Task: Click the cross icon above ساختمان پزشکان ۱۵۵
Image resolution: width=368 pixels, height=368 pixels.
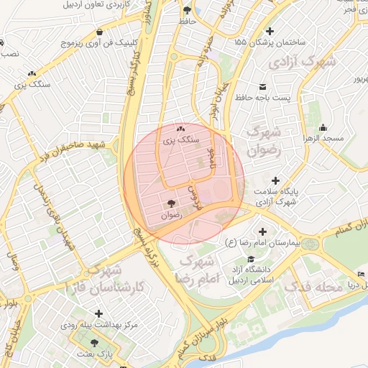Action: pyautogui.click(x=270, y=31)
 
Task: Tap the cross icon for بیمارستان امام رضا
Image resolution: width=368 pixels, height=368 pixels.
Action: pyautogui.click(x=262, y=232)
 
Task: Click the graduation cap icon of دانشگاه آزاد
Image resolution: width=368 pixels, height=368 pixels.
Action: pyautogui.click(x=250, y=259)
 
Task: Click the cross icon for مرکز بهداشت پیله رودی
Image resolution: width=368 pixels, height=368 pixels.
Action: pyautogui.click(x=98, y=314)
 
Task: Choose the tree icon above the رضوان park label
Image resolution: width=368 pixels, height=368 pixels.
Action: pyautogui.click(x=171, y=204)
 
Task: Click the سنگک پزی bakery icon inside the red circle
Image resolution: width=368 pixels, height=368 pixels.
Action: pyautogui.click(x=180, y=129)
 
